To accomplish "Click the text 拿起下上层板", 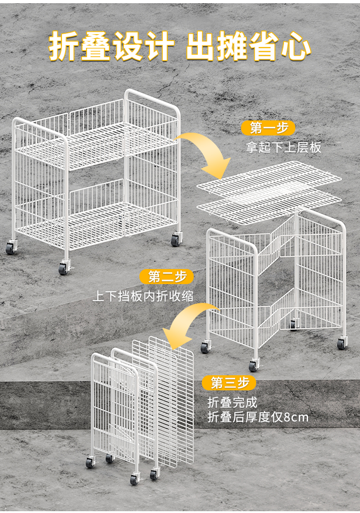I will click(x=284, y=147).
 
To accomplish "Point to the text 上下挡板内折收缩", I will click(x=143, y=296).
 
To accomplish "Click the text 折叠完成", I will click(x=232, y=403).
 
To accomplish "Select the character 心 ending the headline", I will click(x=296, y=47).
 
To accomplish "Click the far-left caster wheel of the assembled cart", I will click(x=10, y=248).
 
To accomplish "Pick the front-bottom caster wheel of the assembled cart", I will click(x=63, y=269).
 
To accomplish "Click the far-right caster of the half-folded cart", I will click(x=342, y=343).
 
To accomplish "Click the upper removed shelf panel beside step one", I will click(x=269, y=179).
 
